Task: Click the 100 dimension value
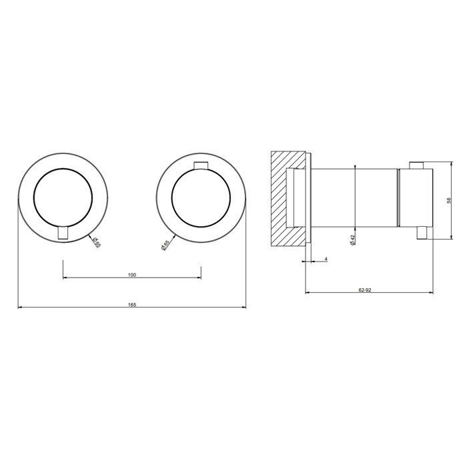point(132,275)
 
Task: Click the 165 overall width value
point(132,305)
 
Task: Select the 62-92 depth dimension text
point(365,290)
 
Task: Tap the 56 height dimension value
point(449,200)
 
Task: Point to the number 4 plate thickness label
point(326,259)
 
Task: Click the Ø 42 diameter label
point(353,240)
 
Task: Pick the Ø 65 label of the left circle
point(97,242)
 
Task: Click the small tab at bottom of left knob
point(63,233)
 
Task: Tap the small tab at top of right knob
point(201,165)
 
